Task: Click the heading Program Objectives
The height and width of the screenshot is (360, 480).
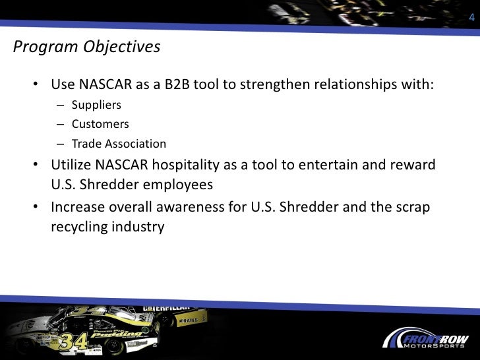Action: tap(86, 47)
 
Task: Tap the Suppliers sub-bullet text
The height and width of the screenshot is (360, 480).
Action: tap(96, 105)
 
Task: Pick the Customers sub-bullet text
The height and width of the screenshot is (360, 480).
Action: tap(100, 124)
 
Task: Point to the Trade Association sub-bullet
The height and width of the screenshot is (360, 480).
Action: tap(119, 144)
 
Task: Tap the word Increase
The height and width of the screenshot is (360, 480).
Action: tap(77, 207)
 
